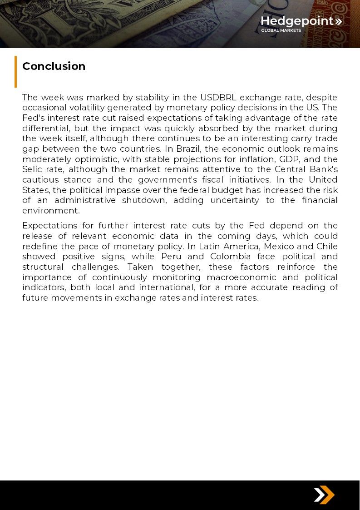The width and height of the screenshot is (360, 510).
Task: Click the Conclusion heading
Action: coord(54,66)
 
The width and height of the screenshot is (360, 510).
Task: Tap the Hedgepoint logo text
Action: coord(297,21)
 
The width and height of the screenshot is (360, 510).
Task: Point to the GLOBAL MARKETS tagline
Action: coord(281,30)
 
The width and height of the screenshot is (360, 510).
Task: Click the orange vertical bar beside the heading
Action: coord(15,71)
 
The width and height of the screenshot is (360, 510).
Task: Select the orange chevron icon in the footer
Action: coord(324,495)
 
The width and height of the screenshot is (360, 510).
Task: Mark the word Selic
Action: coord(32,169)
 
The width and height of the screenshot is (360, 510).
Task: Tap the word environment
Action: coord(50,211)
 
